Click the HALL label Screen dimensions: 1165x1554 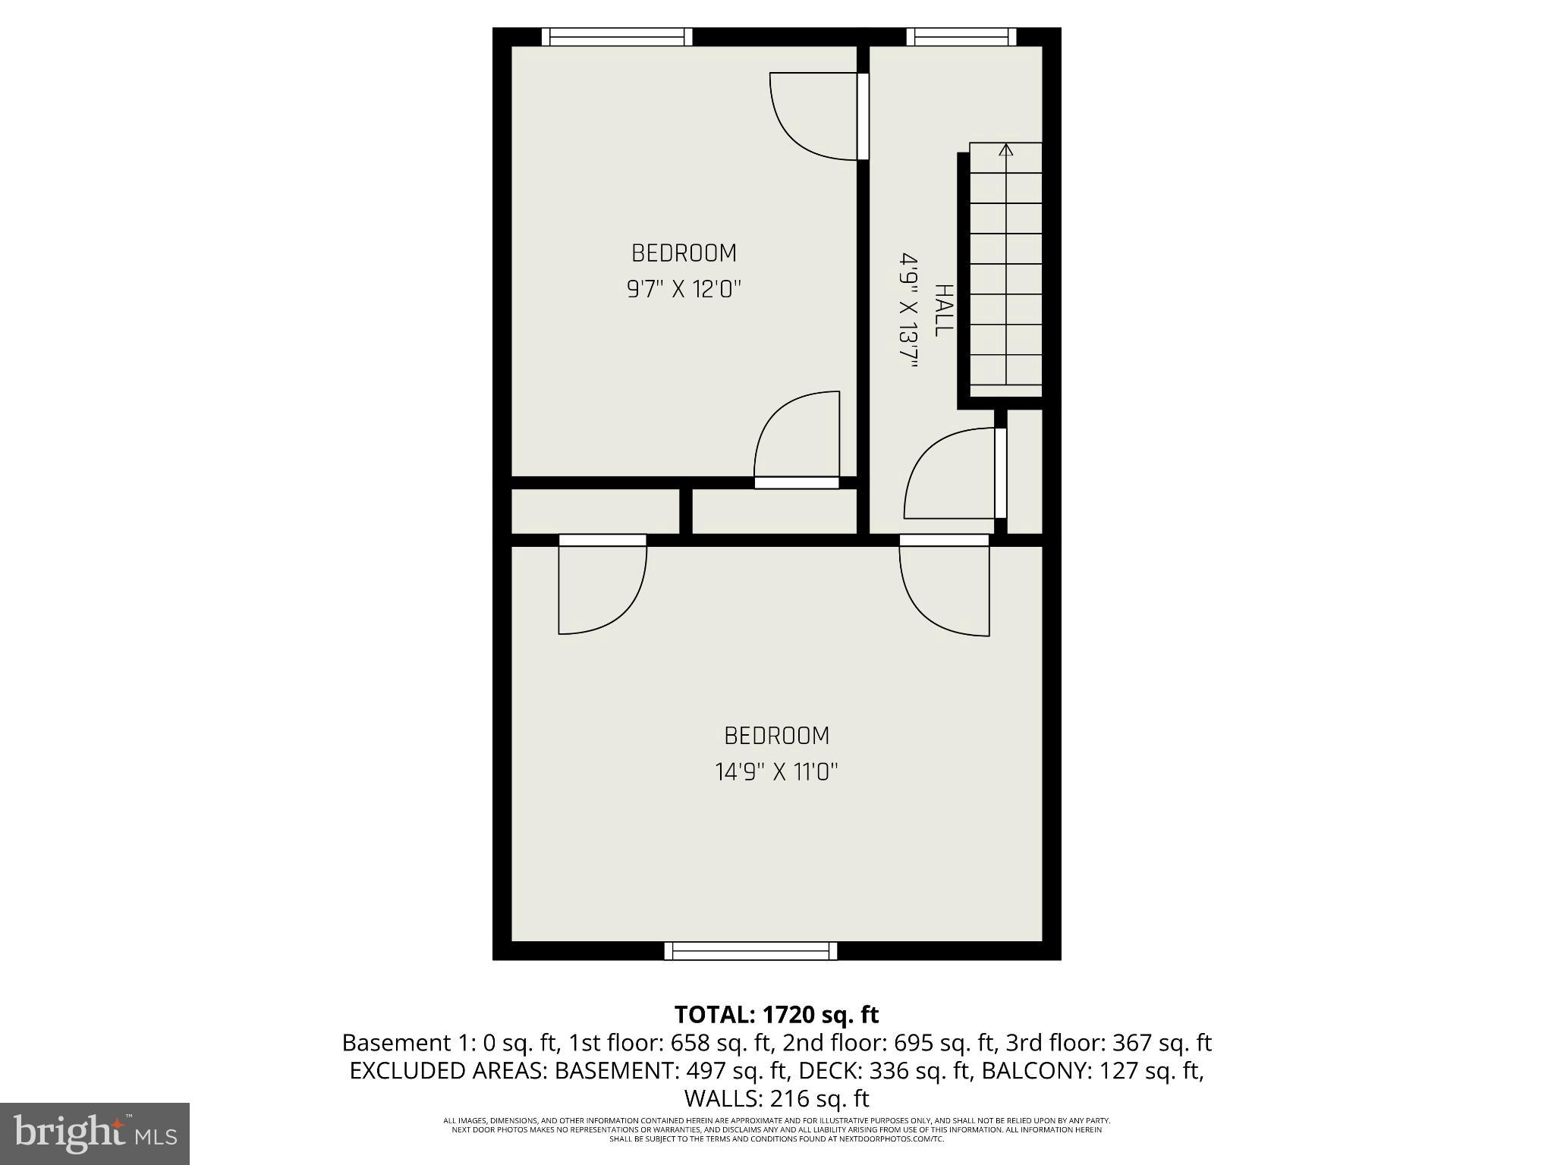click(943, 310)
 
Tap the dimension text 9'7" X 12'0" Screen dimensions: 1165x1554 click(684, 289)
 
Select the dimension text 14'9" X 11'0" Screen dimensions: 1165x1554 click(776, 772)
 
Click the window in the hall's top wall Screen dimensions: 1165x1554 click(961, 36)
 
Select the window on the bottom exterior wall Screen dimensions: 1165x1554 click(750, 950)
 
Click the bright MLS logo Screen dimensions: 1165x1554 click(95, 1132)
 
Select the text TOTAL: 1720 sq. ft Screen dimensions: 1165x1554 click(776, 1014)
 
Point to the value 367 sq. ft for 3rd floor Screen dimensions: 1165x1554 click(1162, 1043)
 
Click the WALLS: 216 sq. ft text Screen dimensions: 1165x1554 click(776, 1098)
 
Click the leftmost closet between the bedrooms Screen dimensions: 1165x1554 click(595, 511)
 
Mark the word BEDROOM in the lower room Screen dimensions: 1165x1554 click(776, 736)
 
